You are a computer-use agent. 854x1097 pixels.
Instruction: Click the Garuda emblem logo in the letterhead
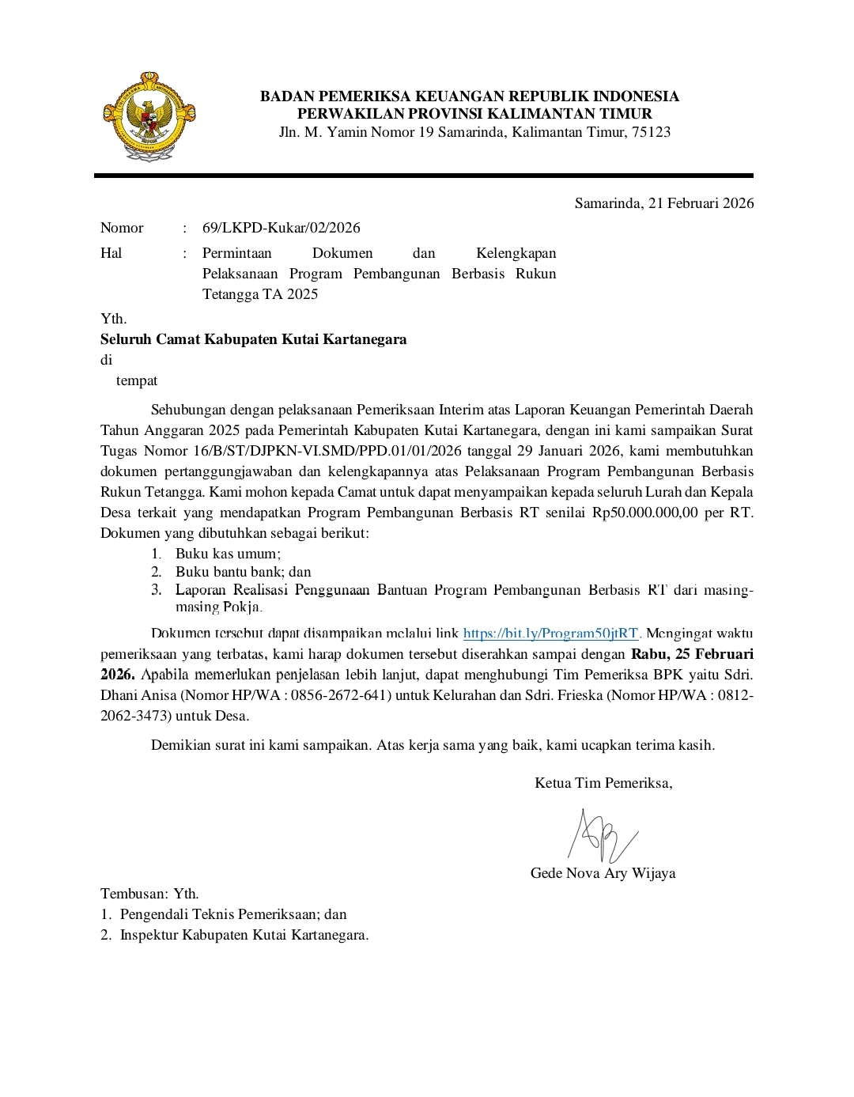(x=149, y=117)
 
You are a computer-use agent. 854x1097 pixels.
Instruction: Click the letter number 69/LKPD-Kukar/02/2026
(x=281, y=228)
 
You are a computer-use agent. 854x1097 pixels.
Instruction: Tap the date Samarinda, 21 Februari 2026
(x=663, y=203)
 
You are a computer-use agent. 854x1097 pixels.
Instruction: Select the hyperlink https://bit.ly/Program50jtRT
(x=550, y=634)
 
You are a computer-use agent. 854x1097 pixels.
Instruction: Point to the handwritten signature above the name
(x=602, y=837)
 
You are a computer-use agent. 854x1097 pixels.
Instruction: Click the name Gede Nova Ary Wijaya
(x=603, y=873)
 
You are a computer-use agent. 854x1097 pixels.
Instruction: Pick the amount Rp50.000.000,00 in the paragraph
(x=645, y=513)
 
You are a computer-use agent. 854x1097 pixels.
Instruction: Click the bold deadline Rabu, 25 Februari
(x=692, y=654)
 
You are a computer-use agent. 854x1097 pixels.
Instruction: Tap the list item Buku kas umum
(x=228, y=554)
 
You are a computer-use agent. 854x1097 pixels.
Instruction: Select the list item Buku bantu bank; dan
(x=243, y=572)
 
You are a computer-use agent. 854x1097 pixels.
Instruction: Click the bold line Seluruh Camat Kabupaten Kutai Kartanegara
(x=253, y=339)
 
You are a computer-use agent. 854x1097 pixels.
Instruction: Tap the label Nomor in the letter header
(x=122, y=228)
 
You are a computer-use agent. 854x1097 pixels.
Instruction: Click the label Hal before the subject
(x=111, y=253)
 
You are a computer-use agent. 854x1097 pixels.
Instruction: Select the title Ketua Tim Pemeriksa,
(x=603, y=783)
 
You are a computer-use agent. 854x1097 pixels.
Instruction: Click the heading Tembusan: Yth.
(x=149, y=894)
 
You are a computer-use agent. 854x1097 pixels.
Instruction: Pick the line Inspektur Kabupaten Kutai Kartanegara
(x=244, y=935)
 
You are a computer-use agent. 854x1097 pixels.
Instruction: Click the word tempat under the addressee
(x=137, y=380)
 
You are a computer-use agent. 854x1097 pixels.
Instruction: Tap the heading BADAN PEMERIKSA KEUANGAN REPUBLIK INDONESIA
(x=470, y=96)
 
